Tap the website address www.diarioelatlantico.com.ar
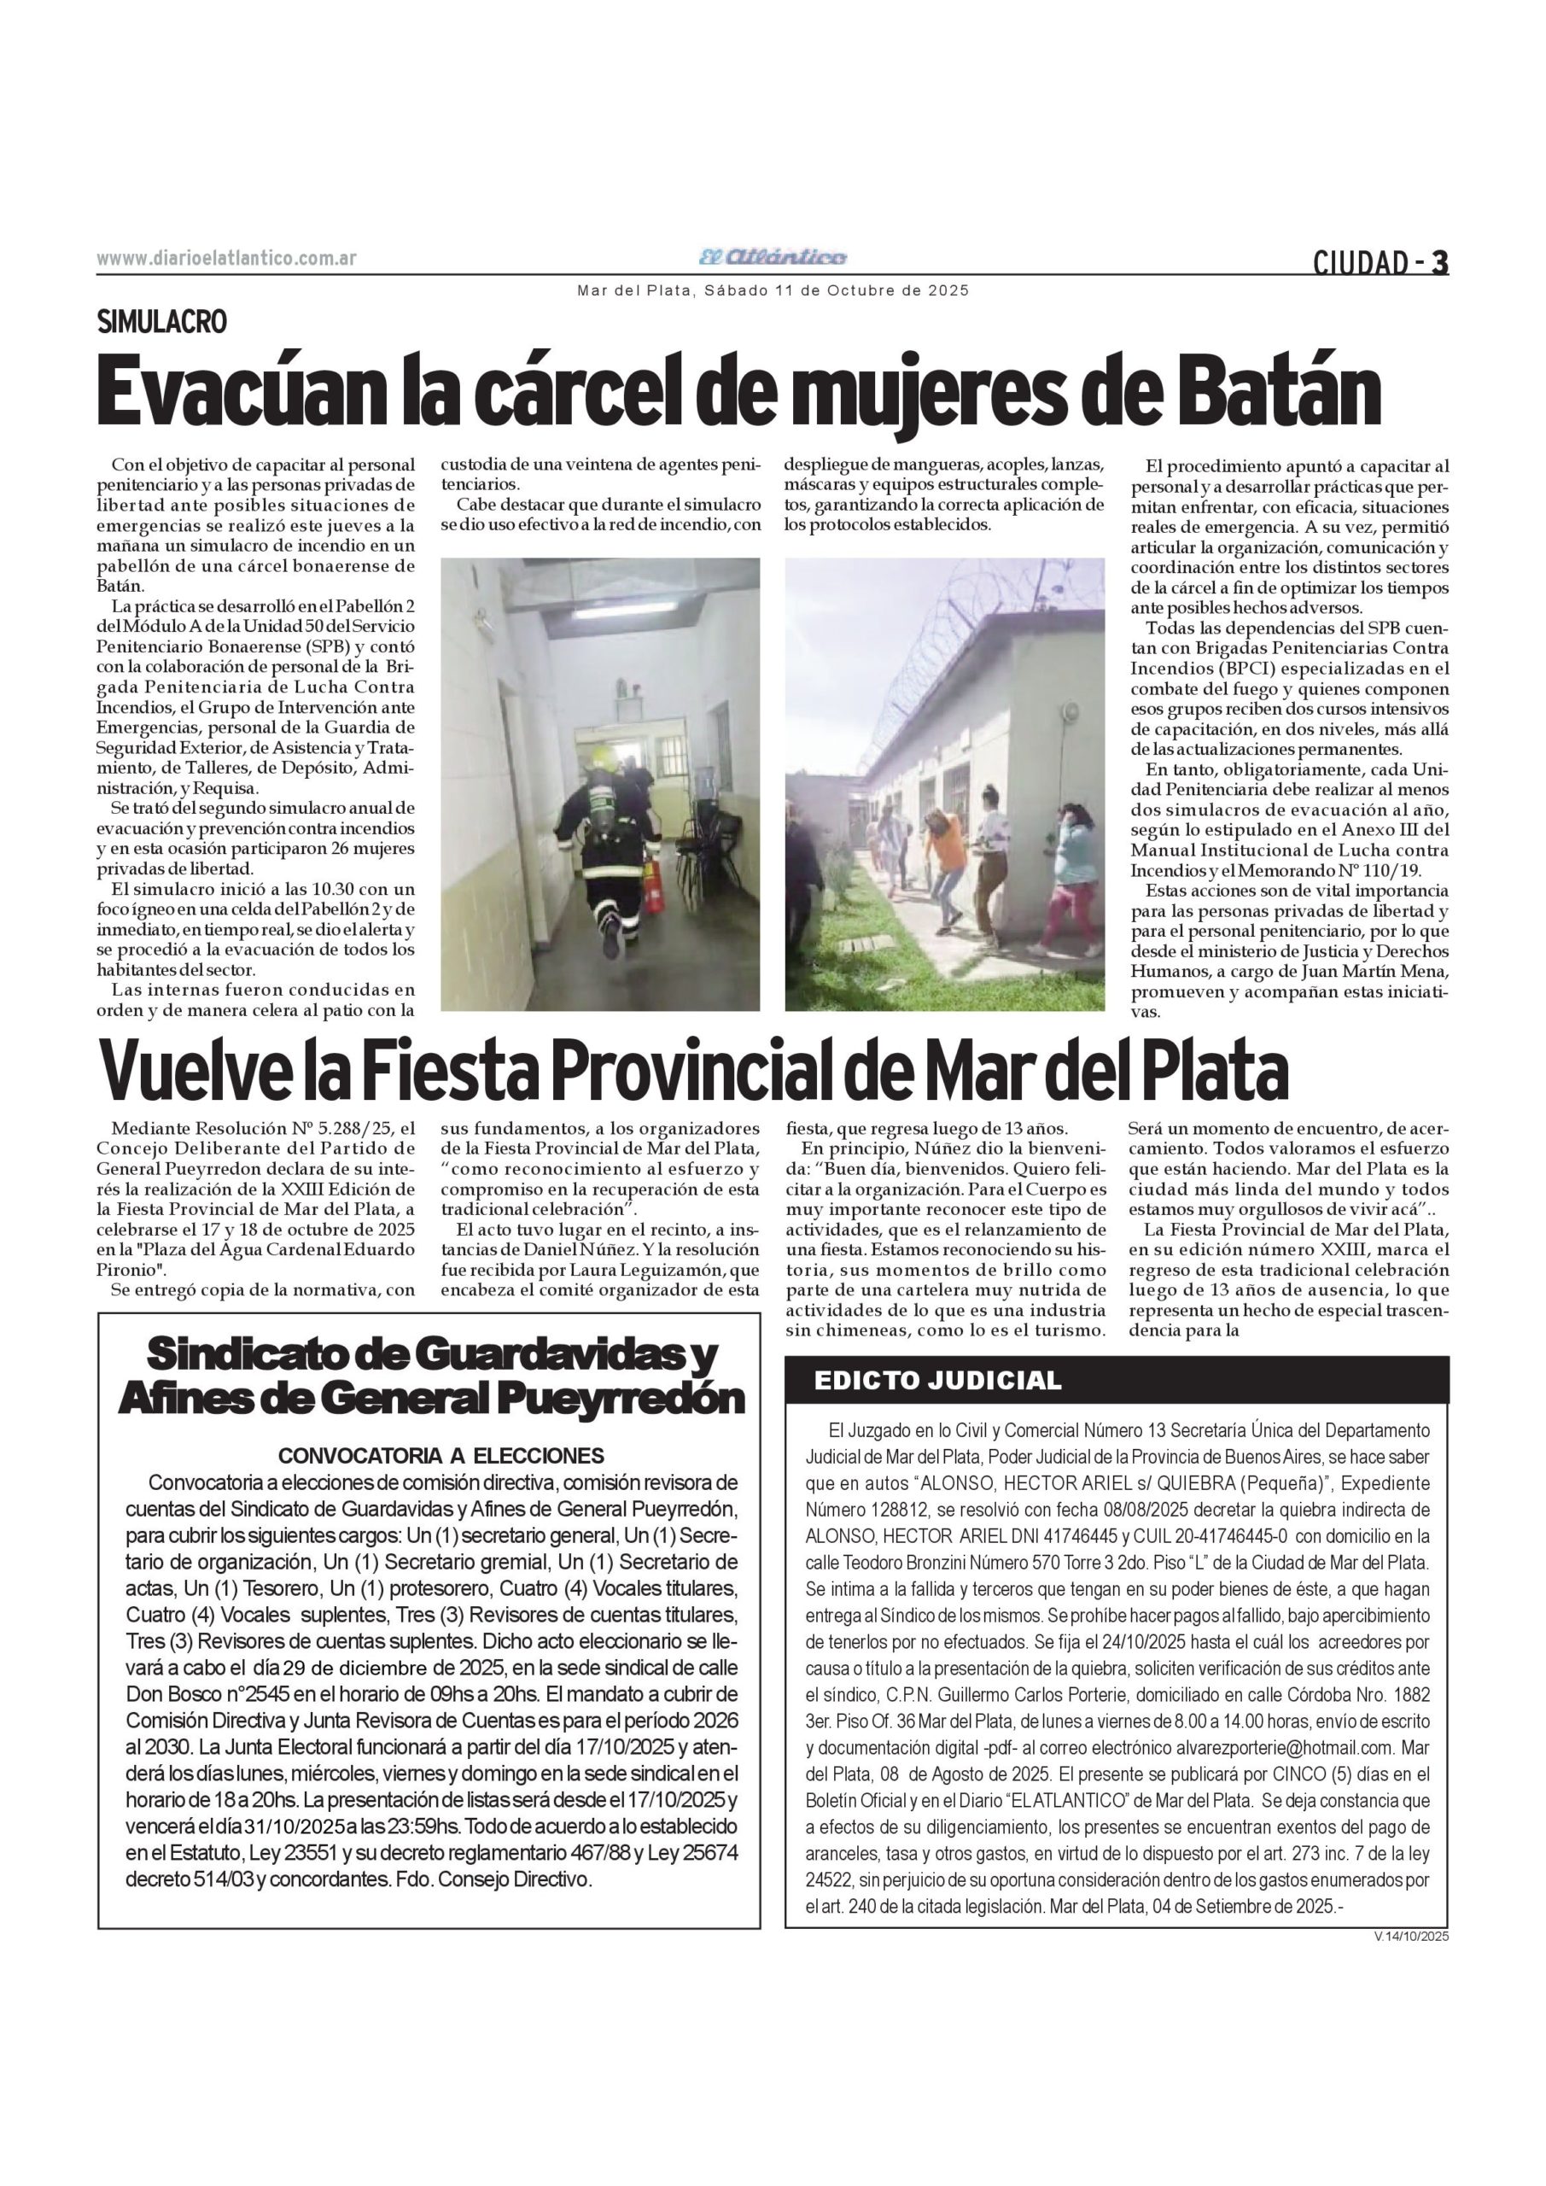tap(226, 259)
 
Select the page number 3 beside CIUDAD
tap(1439, 262)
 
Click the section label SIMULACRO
tap(163, 323)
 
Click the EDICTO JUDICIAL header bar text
tap(937, 1381)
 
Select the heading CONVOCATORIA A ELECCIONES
tap(440, 1455)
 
